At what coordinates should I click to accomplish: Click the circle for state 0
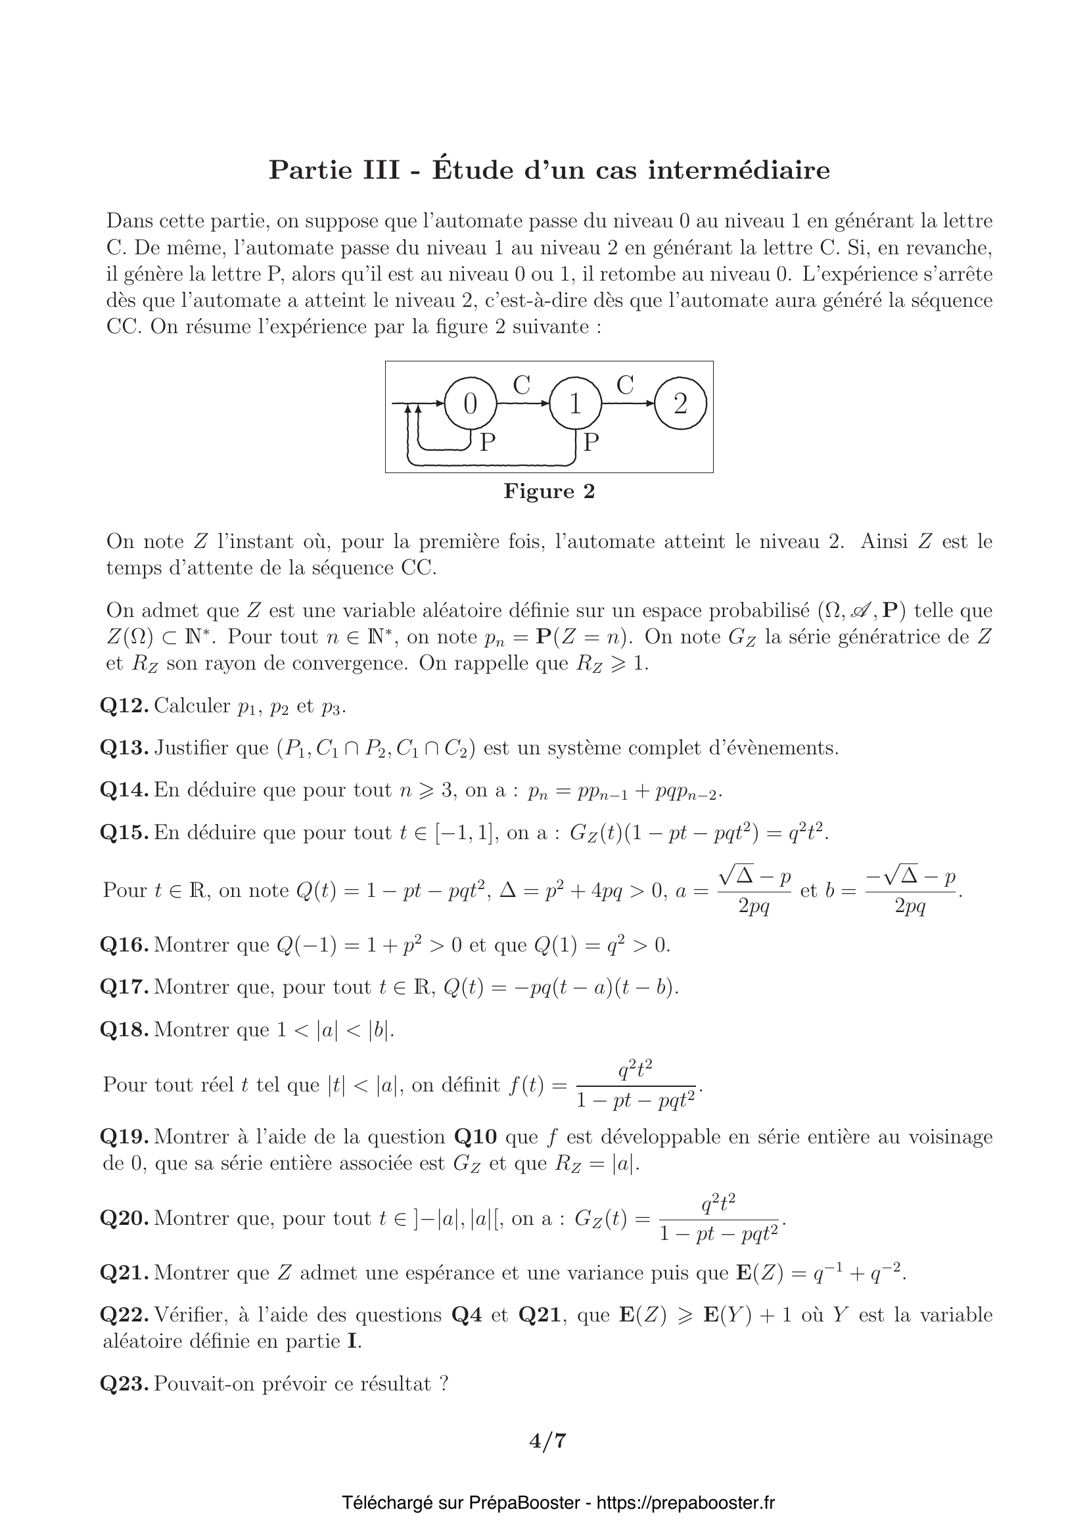[471, 403]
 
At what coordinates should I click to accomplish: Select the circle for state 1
[575, 403]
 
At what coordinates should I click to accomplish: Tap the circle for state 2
[680, 403]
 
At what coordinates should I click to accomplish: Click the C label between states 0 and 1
[521, 386]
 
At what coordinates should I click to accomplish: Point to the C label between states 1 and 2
[624, 386]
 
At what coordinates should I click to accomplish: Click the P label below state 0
[488, 442]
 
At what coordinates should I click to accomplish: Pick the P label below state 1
[590, 442]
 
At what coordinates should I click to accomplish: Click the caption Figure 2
[549, 492]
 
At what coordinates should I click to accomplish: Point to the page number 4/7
[548, 1440]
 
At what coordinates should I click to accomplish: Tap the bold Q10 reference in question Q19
[475, 1137]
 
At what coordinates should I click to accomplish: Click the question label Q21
[124, 1273]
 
